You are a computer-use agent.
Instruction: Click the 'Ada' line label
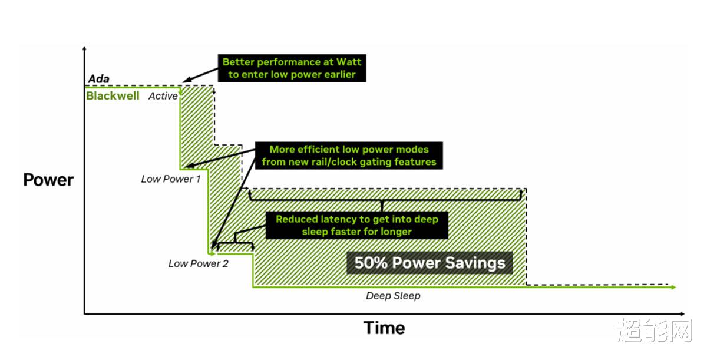point(99,78)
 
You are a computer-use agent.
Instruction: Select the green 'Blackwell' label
point(113,95)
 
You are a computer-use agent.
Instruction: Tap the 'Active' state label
point(163,96)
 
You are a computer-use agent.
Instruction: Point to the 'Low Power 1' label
point(171,179)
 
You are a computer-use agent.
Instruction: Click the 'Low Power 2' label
point(198,263)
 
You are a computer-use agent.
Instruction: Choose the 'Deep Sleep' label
point(393,296)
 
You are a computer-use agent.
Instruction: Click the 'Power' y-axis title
point(48,180)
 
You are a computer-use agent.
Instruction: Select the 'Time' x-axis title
point(384,328)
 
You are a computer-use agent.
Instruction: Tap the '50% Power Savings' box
point(430,263)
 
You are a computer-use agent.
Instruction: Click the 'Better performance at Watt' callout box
point(292,68)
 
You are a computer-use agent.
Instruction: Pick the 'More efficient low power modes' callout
point(349,156)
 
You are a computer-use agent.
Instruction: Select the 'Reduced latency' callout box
point(357,225)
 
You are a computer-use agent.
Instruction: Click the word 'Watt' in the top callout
point(348,62)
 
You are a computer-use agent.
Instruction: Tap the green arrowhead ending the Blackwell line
point(673,287)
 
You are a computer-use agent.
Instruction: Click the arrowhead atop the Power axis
point(84,48)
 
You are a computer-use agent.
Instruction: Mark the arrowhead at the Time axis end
point(682,314)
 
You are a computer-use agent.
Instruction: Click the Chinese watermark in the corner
point(655,330)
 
